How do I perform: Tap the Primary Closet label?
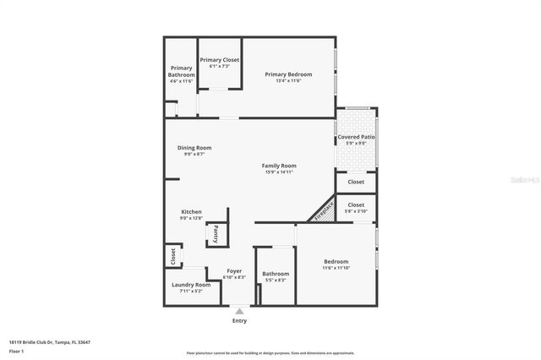click(220, 60)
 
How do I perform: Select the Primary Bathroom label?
click(182, 72)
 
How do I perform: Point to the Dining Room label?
click(194, 148)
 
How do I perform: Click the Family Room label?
click(278, 166)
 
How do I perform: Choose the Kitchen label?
click(191, 212)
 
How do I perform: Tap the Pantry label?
click(216, 234)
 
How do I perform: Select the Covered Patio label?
click(356, 137)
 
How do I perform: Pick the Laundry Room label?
click(191, 285)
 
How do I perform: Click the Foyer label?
click(234, 271)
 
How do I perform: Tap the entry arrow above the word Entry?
click(239, 311)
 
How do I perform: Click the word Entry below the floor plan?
click(239, 320)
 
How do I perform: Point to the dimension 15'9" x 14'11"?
click(278, 172)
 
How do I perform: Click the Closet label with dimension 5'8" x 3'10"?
click(356, 205)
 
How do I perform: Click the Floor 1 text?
click(17, 350)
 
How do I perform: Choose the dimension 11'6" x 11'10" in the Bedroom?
click(336, 268)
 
